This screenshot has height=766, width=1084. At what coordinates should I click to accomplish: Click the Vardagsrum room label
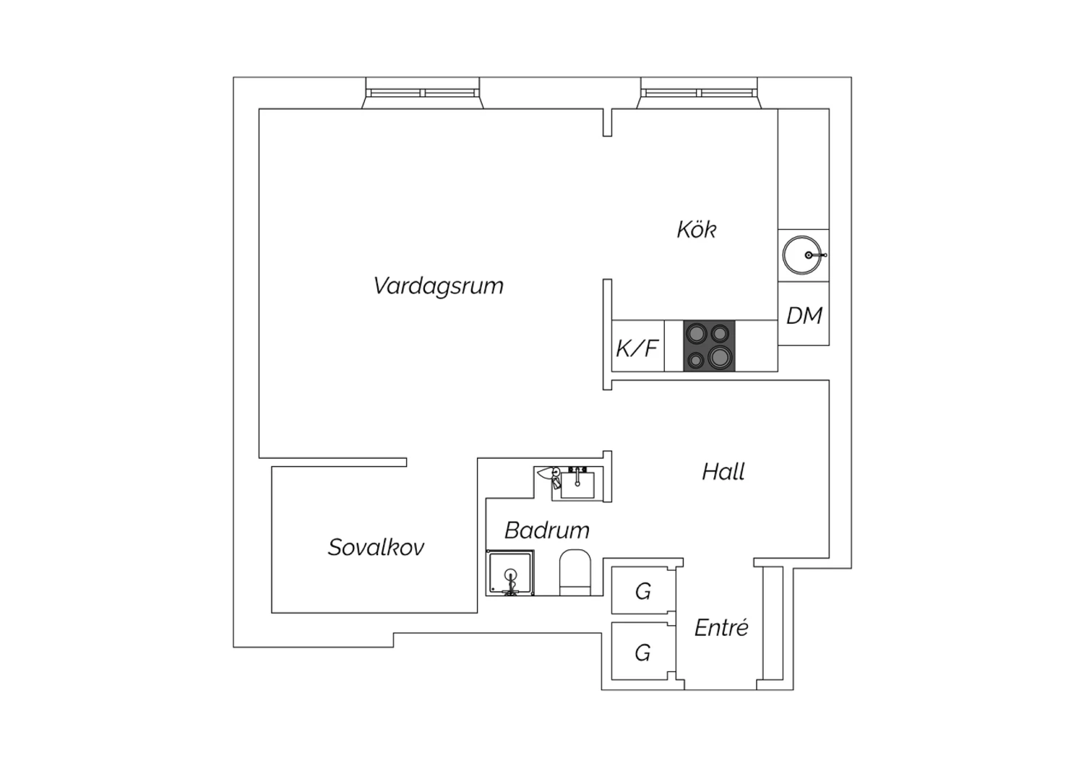click(439, 286)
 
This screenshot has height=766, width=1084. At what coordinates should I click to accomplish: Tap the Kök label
click(697, 229)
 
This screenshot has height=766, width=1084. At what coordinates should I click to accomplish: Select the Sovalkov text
click(376, 547)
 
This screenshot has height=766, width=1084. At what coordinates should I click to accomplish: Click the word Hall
click(723, 471)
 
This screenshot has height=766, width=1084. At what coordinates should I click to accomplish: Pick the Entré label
click(721, 627)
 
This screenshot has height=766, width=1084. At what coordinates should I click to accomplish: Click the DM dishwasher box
click(804, 314)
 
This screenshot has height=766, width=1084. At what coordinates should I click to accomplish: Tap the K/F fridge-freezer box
click(638, 346)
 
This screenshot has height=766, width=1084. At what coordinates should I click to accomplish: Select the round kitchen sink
click(802, 255)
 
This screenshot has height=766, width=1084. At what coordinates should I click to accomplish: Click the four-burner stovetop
click(709, 346)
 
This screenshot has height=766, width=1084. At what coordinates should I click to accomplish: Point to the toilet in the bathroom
click(575, 572)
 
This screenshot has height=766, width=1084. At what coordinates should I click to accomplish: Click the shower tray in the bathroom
click(510, 572)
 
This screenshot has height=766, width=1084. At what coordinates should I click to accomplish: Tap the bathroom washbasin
click(577, 484)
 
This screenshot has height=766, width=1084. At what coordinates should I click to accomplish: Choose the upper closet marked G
click(643, 590)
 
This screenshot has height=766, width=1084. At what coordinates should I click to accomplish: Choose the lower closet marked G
click(643, 651)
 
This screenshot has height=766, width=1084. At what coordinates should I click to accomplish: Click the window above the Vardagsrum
click(423, 93)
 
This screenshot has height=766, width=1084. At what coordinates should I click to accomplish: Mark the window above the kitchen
click(699, 93)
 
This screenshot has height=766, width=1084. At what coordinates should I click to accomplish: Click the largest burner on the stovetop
click(719, 358)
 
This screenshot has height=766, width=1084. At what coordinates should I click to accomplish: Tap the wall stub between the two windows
click(607, 122)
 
